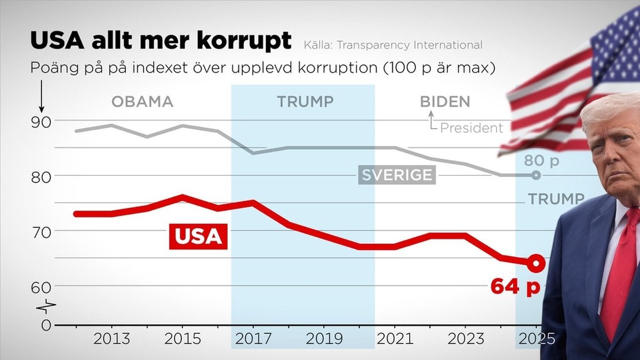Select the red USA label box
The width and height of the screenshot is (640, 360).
(x=198, y=237)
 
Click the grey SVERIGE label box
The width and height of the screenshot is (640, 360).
(x=397, y=175)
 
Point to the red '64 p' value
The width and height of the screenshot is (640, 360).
(x=515, y=287)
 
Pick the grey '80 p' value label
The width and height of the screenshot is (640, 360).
(x=541, y=161)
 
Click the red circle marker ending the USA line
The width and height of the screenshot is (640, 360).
(x=536, y=262)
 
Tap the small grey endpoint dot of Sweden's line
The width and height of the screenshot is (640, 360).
(x=536, y=175)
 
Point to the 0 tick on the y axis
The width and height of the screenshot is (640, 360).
(x=46, y=324)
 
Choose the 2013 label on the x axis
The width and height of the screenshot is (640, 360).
(x=111, y=339)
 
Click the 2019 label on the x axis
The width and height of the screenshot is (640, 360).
(x=323, y=339)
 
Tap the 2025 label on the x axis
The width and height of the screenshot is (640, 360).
(x=535, y=339)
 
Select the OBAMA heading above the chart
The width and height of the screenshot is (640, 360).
(x=142, y=102)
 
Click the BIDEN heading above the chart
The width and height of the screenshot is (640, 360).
(x=445, y=102)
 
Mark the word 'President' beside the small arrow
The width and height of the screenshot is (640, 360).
(x=471, y=128)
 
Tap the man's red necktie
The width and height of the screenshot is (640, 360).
(x=620, y=277)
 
